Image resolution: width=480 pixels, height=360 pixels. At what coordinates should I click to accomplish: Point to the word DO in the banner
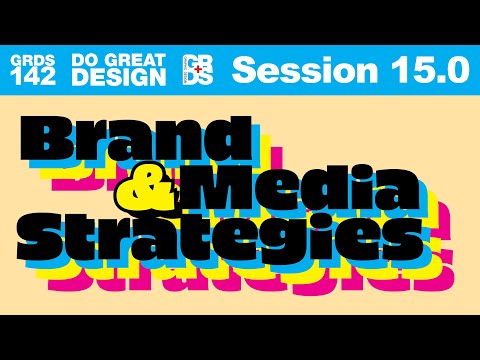(x=85, y=60)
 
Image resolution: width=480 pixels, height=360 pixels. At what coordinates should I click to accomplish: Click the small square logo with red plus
(x=198, y=69)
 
